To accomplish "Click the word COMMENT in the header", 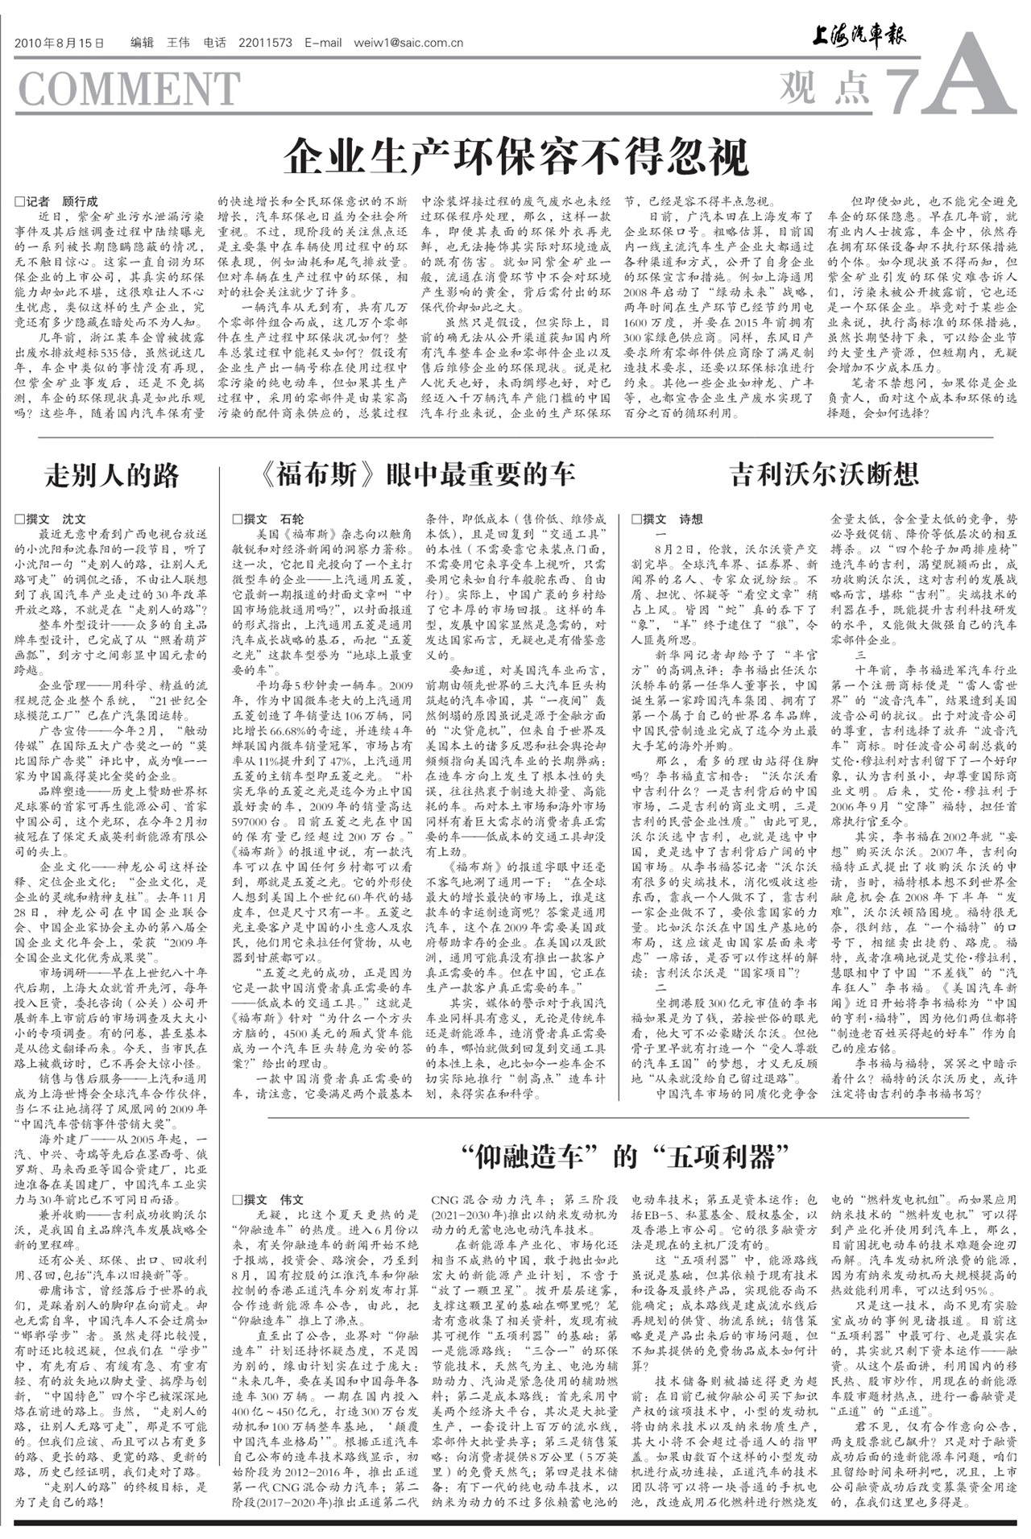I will pos(128,89).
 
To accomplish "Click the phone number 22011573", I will pos(265,43).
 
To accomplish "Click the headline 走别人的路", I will pos(112,476).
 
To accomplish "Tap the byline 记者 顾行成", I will pos(56,201).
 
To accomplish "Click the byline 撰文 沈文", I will pos(50,519).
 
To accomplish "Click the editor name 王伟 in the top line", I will pos(177,43).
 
